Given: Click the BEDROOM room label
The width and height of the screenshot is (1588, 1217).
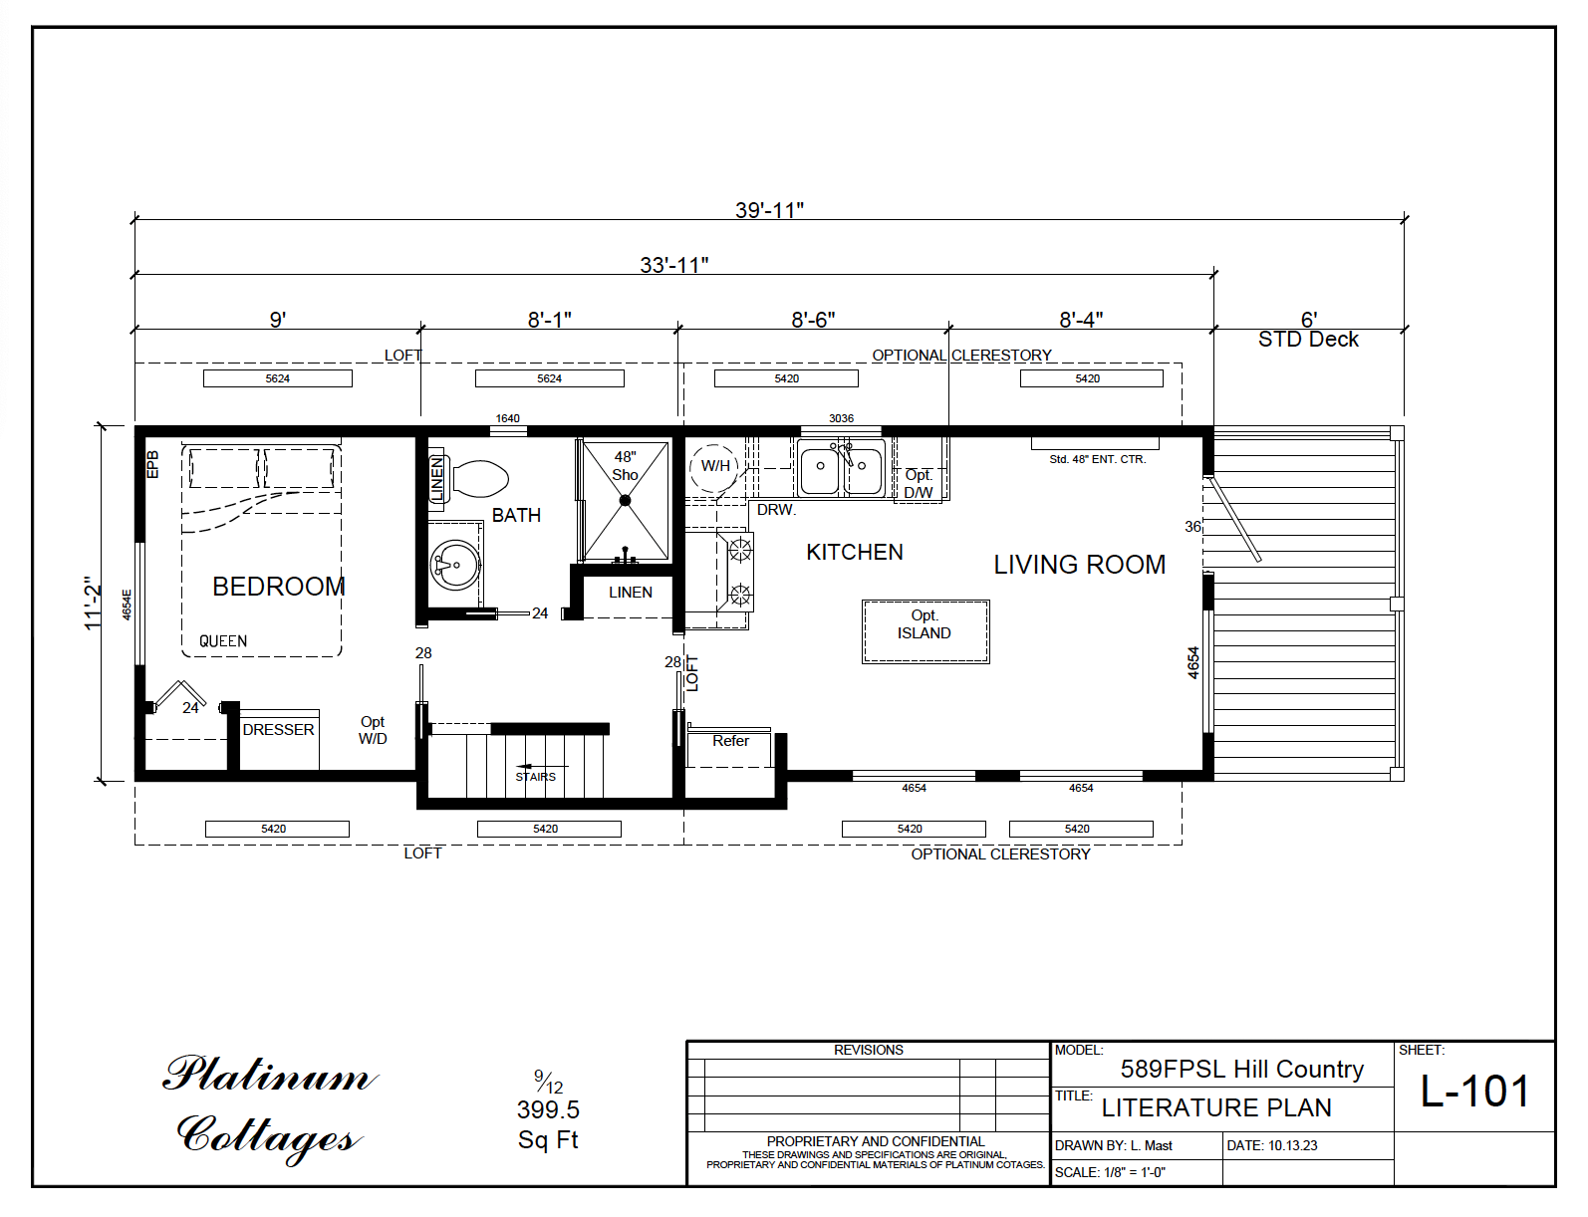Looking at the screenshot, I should pos(278,587).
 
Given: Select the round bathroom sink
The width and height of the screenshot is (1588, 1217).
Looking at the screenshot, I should pos(455,566).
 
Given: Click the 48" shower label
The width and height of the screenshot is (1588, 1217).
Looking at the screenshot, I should pos(625,465).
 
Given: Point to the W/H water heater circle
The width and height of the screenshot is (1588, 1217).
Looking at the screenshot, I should pos(714,466).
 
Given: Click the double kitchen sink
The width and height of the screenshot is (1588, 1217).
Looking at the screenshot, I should pos(841,467).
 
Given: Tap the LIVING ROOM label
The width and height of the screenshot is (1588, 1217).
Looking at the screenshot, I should pos(1079,565).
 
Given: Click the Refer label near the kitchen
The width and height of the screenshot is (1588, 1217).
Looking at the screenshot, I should pos(730,741).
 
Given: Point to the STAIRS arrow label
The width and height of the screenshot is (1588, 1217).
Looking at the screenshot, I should pos(535,776).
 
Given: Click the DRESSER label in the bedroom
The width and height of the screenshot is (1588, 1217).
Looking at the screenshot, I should pos(278,730).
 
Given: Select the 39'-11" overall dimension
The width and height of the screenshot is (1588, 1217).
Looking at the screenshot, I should pos(769,210).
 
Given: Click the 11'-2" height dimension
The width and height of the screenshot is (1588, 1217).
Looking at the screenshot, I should pos(94,603).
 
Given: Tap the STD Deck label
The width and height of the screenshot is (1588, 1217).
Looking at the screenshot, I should pos(1307,340).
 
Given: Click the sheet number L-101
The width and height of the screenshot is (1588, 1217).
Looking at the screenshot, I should pos(1473,1092).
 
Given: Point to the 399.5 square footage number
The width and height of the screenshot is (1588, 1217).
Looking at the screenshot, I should pos(548,1109).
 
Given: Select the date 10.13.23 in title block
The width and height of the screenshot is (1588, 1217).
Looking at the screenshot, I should pos(1292,1146).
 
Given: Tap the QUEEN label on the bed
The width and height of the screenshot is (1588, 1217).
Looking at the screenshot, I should pos(223,641).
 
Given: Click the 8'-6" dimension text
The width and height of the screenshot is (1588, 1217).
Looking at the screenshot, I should pos(813,320).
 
